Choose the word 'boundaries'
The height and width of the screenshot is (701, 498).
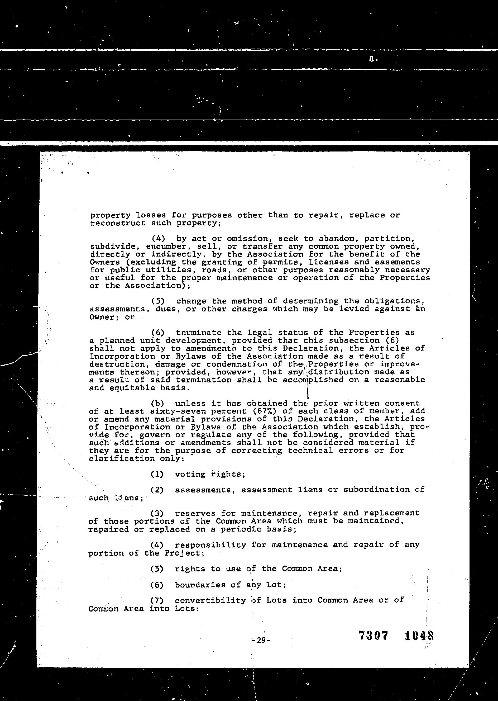(200, 585)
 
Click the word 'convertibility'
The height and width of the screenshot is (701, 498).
(210, 600)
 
